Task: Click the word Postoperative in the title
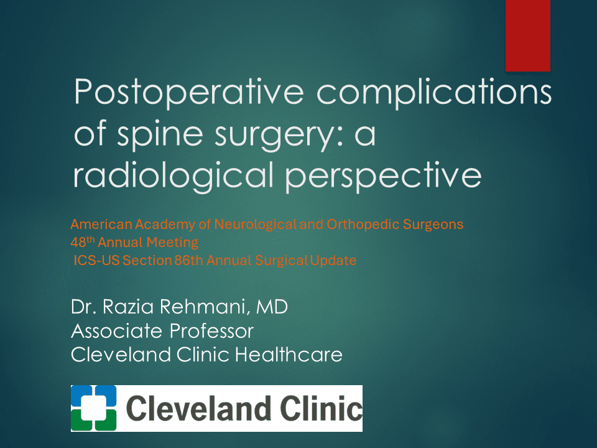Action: (x=189, y=91)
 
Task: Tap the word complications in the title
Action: (x=434, y=91)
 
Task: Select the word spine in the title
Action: (x=160, y=134)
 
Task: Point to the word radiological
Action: (x=174, y=175)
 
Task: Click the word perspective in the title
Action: (x=384, y=175)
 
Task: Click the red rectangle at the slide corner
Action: (x=528, y=36)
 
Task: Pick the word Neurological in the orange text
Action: (x=255, y=225)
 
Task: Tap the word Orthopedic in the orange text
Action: (x=363, y=225)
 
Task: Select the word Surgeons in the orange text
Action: (x=433, y=225)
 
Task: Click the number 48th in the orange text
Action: (x=82, y=242)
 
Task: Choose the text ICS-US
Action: (x=97, y=261)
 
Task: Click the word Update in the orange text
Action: (x=333, y=261)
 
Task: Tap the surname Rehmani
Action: (x=205, y=307)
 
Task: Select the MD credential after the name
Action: (x=272, y=307)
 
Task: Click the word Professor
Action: (x=211, y=330)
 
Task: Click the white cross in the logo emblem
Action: (x=94, y=408)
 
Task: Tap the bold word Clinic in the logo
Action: (x=322, y=408)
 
